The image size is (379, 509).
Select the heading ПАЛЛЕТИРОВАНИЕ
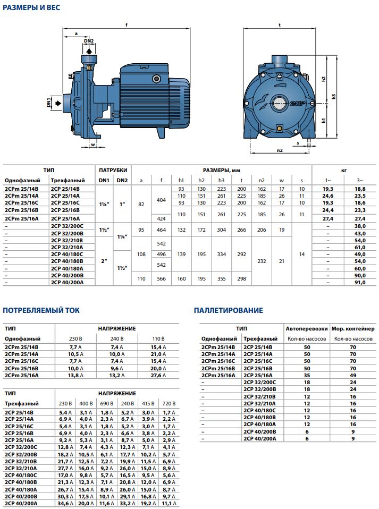click(228, 310)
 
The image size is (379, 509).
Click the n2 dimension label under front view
click(280, 150)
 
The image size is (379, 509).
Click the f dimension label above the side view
click(127, 24)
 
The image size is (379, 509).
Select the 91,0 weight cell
click(359, 283)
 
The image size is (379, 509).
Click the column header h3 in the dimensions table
click(222, 180)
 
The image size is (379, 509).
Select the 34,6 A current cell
click(64, 503)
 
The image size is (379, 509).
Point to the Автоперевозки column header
click(306, 329)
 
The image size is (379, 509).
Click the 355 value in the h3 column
click(222, 279)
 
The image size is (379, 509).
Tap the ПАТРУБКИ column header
click(113, 170)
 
